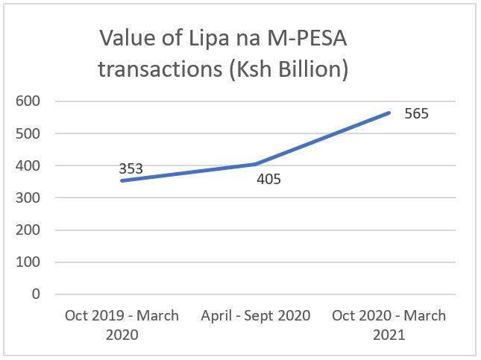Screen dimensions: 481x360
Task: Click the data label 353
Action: [x=131, y=168]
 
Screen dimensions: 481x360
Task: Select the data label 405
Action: [x=268, y=179]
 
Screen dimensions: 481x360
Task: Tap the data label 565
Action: [x=416, y=113]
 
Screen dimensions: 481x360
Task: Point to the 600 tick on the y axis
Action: [x=28, y=101]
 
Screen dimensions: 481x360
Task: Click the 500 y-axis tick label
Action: [x=28, y=133]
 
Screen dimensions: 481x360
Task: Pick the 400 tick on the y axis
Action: [x=28, y=165]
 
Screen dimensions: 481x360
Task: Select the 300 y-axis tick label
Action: [x=28, y=198]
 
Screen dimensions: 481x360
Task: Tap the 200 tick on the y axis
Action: [x=28, y=230]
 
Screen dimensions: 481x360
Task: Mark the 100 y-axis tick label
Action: [x=28, y=262]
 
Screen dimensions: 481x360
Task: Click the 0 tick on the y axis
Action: [x=36, y=294]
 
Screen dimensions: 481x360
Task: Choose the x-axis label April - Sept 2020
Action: [x=256, y=316]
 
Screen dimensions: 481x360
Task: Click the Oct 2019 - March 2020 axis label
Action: [x=122, y=325]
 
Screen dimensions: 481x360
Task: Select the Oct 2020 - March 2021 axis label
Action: [x=389, y=325]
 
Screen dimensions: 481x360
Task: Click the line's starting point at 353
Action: [x=122, y=180]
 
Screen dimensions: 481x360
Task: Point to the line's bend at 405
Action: [x=256, y=164]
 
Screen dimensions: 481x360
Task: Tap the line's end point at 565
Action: [x=389, y=113]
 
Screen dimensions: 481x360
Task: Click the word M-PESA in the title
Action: [x=307, y=38]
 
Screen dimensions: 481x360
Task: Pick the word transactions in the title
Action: [x=160, y=69]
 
